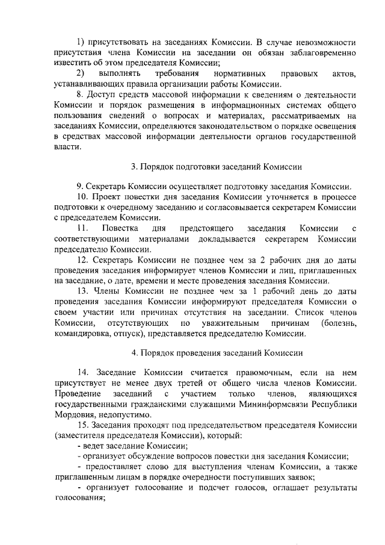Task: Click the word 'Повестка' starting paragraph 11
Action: click(121, 229)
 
